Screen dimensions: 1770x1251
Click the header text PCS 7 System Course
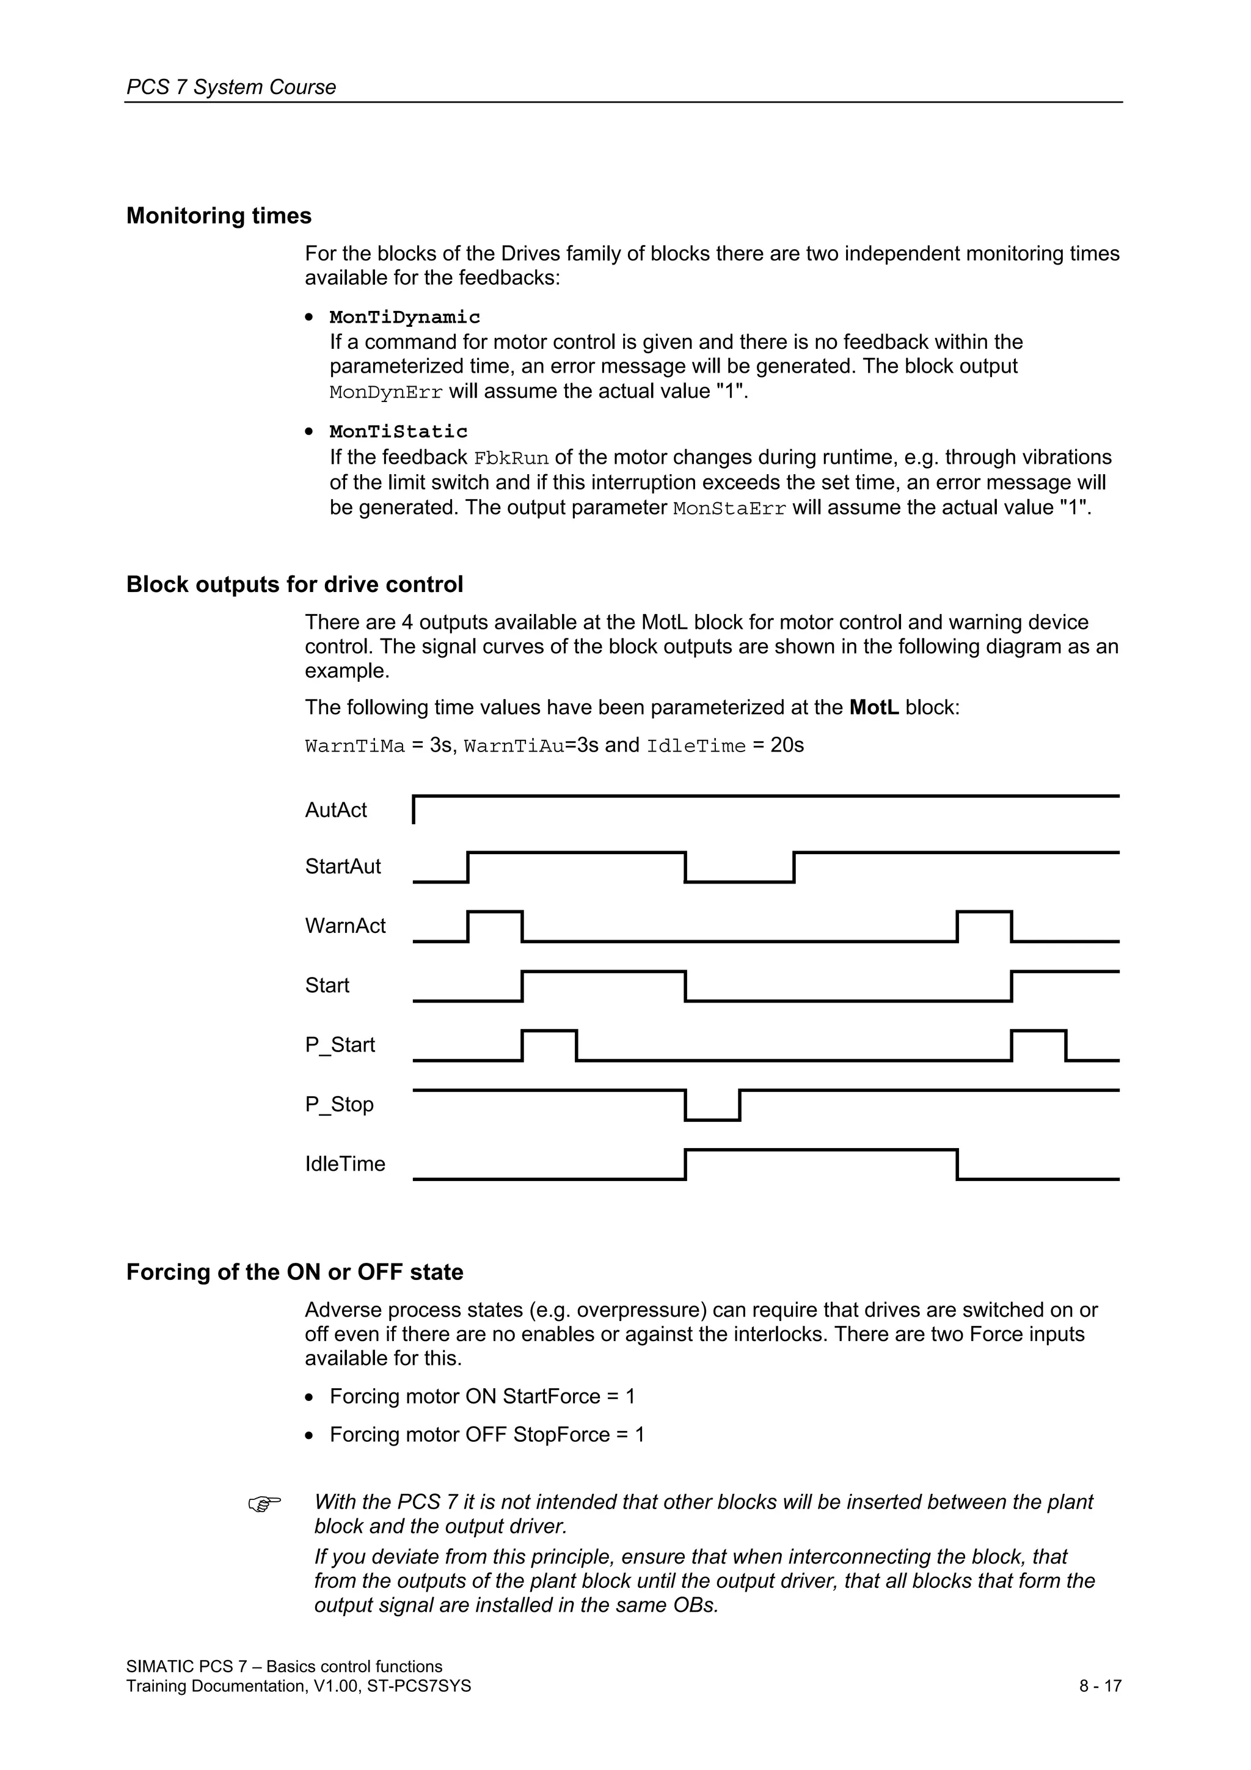click(x=232, y=87)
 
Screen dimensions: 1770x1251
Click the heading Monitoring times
click(x=219, y=216)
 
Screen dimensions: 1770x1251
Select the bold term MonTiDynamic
click(x=404, y=317)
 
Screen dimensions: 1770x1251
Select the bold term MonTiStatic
click(x=398, y=432)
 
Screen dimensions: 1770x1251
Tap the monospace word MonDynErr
click(x=385, y=392)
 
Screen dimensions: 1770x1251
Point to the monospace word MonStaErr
click(x=729, y=509)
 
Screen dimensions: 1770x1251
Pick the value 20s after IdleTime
click(x=787, y=745)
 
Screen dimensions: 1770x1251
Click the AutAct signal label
click(x=336, y=810)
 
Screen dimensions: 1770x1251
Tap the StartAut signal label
click(x=343, y=866)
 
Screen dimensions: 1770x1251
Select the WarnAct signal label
click(x=345, y=926)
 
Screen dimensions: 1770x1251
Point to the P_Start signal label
click(x=340, y=1045)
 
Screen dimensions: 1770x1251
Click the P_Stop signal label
click(x=339, y=1104)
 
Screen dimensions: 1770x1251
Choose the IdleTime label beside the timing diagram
click(x=345, y=1163)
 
